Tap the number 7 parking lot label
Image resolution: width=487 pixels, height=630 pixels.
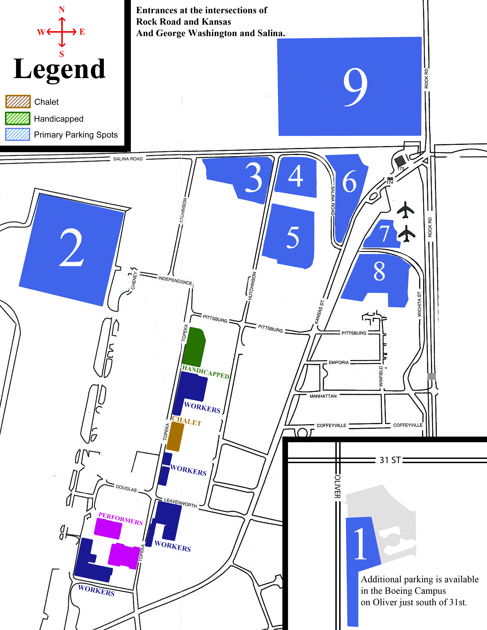click(384, 234)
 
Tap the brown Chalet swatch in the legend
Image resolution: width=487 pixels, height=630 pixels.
click(18, 102)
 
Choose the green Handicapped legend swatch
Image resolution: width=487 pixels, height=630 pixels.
click(18, 118)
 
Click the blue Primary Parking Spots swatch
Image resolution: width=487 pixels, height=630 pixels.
click(18, 134)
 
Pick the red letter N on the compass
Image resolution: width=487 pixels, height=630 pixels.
click(61, 10)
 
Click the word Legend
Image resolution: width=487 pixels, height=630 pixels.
click(59, 69)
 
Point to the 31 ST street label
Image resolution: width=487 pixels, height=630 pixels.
click(390, 460)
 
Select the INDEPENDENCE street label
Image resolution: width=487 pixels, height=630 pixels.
click(175, 280)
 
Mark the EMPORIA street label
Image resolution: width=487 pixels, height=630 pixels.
click(339, 363)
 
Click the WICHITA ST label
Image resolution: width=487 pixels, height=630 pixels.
click(419, 304)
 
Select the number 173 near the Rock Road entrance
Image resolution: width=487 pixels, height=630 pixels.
click(401, 168)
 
